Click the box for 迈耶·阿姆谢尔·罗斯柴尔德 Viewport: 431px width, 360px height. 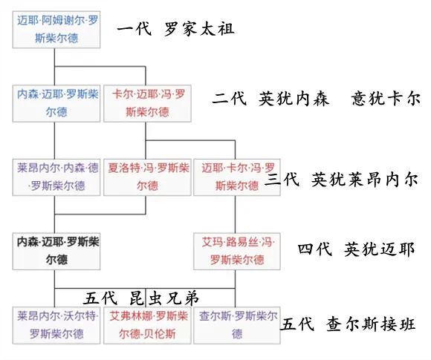56,30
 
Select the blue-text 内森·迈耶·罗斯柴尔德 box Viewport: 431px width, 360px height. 56,103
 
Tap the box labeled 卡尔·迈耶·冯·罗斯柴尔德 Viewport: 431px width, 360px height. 147,103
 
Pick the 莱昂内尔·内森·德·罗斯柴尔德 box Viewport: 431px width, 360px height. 56,177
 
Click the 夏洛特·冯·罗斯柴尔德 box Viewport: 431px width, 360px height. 147,177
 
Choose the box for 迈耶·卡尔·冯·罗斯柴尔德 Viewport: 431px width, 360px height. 237,177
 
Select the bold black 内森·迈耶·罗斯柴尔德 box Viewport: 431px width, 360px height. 56,252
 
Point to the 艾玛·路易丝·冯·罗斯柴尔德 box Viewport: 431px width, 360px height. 237,252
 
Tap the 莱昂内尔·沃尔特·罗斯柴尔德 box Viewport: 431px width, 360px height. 56,325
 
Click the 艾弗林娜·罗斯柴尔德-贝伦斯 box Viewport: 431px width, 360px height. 147,325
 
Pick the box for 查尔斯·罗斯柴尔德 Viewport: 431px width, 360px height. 237,325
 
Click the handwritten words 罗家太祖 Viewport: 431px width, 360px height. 200,29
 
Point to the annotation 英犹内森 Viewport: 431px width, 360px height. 294,99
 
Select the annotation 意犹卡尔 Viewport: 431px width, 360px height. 386,99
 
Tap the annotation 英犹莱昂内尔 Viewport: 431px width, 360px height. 365,180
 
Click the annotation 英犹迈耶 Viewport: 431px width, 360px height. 379,249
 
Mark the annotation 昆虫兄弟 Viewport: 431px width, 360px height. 164,298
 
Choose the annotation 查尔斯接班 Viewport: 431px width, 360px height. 371,324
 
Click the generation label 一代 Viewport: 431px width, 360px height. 135,29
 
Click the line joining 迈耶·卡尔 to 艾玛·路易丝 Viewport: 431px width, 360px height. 236,215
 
